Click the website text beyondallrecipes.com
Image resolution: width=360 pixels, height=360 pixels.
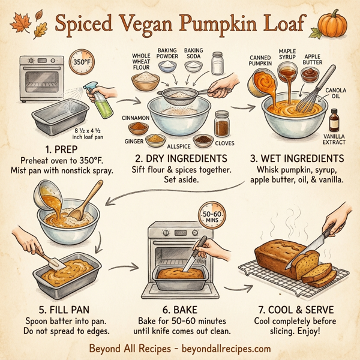click(x=225, y=348)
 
